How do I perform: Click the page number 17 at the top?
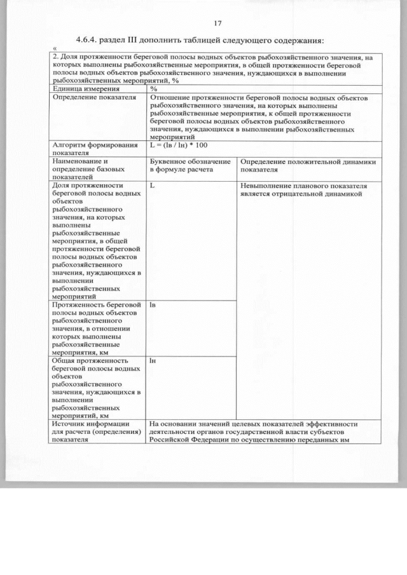(217, 24)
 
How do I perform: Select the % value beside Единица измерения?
(153, 90)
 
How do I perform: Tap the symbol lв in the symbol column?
(153, 306)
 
